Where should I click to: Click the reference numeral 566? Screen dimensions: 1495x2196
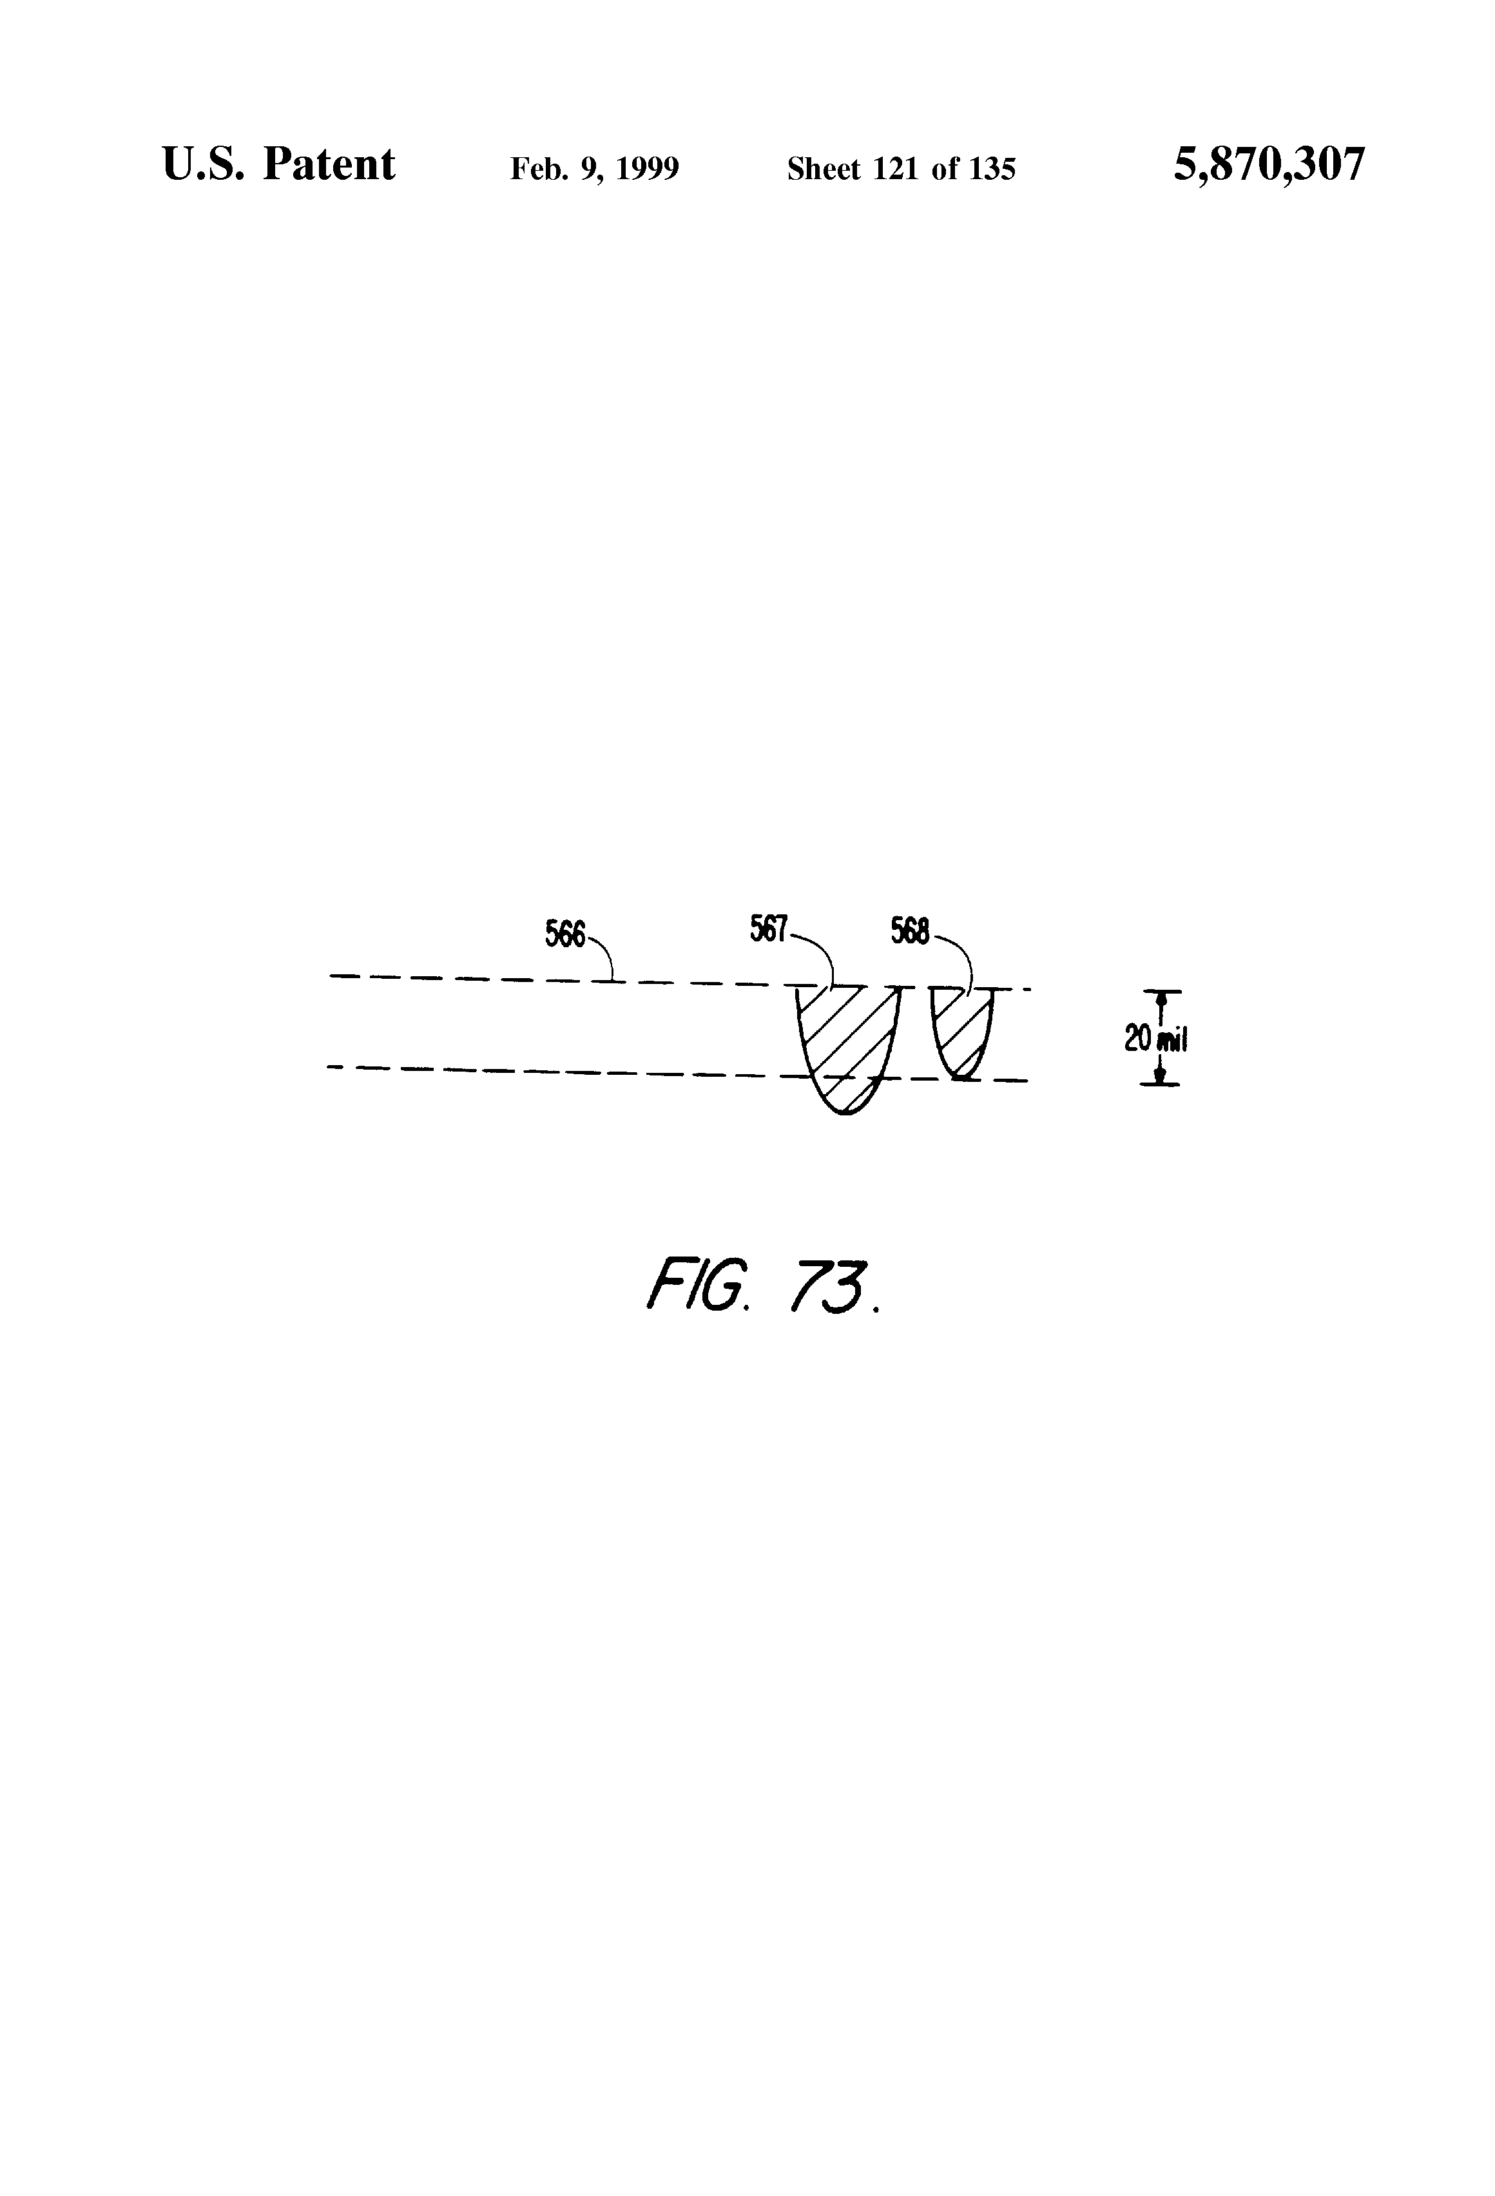pos(565,934)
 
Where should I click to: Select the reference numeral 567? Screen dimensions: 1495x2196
pos(768,930)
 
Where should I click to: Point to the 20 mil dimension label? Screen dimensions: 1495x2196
pos(1154,1039)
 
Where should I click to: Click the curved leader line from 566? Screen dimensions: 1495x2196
pos(606,956)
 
